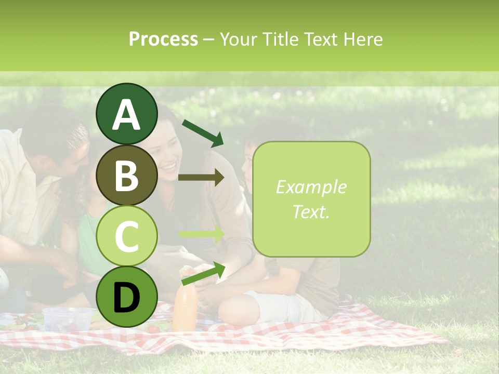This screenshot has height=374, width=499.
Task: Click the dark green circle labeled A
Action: tap(126, 114)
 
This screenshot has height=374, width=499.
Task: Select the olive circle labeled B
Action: tap(126, 176)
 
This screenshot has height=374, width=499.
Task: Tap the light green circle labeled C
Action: tap(126, 236)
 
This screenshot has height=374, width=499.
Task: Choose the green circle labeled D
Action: tap(126, 297)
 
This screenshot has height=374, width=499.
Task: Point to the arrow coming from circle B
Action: tap(201, 177)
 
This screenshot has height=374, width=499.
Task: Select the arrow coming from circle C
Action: tap(201, 234)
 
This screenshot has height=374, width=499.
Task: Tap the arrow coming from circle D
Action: tap(203, 274)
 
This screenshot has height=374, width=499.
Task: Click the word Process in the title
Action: tap(163, 39)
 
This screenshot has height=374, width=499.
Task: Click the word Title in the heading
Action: tap(280, 39)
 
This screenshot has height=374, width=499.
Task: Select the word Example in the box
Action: tap(311, 188)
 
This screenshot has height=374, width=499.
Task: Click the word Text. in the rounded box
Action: tap(311, 211)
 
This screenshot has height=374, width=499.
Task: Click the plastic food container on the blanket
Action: tap(67, 318)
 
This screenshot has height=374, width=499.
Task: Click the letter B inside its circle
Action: tap(126, 176)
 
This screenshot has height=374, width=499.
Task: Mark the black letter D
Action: tap(126, 298)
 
